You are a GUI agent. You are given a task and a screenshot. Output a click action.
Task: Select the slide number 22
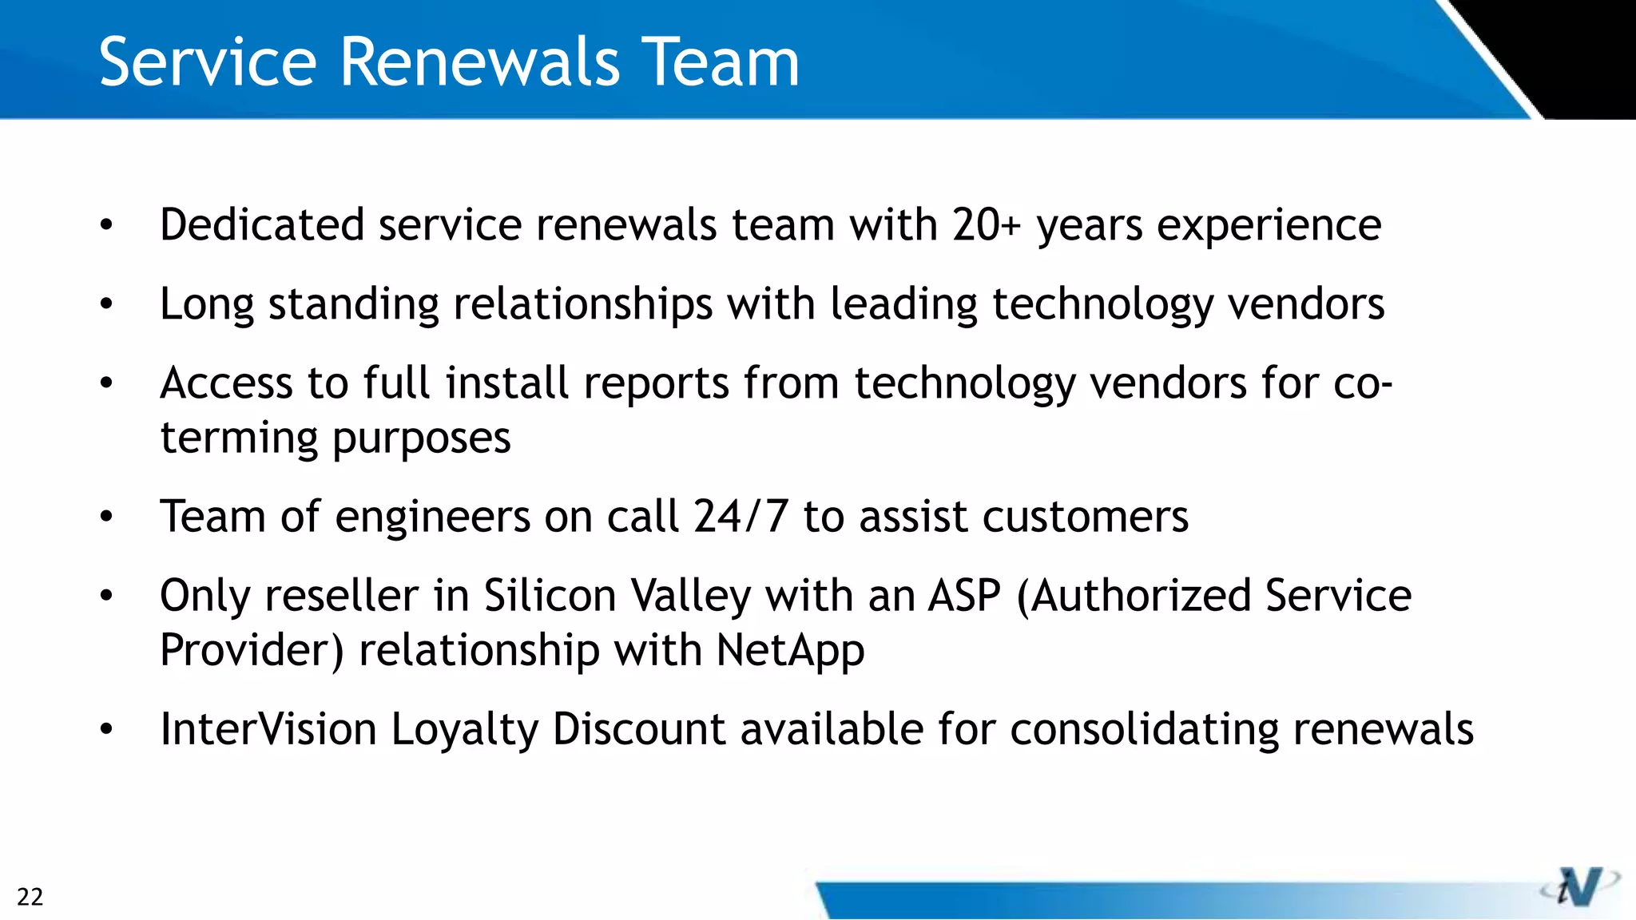pyautogui.click(x=30, y=897)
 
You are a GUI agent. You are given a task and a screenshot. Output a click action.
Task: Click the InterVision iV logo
pyautogui.click(x=1579, y=886)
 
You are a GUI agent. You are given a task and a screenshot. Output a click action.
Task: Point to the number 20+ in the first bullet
pyautogui.click(x=986, y=224)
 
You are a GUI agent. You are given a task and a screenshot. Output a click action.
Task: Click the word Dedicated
pyautogui.click(x=262, y=224)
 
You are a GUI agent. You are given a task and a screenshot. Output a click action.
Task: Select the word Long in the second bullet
pyautogui.click(x=207, y=305)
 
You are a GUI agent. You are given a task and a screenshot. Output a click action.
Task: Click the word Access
pyautogui.click(x=227, y=383)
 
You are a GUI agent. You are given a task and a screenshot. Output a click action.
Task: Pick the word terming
pyautogui.click(x=239, y=438)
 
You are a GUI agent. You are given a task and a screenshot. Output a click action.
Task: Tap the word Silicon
pyautogui.click(x=550, y=596)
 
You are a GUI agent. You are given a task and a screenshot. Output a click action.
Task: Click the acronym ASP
pyautogui.click(x=964, y=596)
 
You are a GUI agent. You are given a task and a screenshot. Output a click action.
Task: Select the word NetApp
pyautogui.click(x=790, y=651)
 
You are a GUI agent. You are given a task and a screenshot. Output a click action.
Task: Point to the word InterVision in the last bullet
pyautogui.click(x=268, y=728)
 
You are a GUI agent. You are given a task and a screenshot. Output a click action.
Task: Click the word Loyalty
pyautogui.click(x=464, y=730)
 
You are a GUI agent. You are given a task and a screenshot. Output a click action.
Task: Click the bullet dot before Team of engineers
pyautogui.click(x=107, y=517)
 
